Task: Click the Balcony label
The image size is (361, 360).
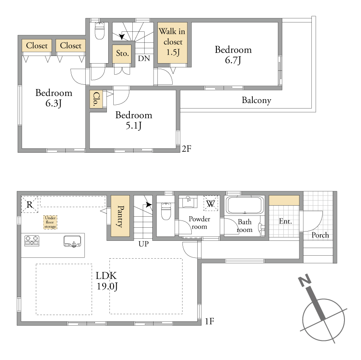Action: pos(257,100)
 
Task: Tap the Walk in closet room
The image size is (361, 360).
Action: pos(172,42)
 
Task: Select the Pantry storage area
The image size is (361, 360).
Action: pos(120,216)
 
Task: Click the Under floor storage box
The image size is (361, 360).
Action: pos(50,222)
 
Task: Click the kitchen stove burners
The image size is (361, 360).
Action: pos(32,240)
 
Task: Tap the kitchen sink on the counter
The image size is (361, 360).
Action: pos(72,241)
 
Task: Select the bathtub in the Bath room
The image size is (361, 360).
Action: pos(245,205)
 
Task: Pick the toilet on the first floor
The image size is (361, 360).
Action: pos(166,211)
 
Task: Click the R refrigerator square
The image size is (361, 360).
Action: pos(30,204)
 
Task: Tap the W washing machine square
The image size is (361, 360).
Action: pos(211,203)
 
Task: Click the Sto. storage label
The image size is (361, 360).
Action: pos(122,54)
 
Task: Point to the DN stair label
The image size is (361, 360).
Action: pos(144,59)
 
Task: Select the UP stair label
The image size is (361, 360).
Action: pos(144,244)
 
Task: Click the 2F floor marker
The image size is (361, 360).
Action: pos(187,149)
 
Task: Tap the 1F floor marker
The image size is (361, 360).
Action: pos(210,321)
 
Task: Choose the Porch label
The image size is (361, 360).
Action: pos(320,235)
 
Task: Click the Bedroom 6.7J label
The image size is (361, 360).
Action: pos(233,55)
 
